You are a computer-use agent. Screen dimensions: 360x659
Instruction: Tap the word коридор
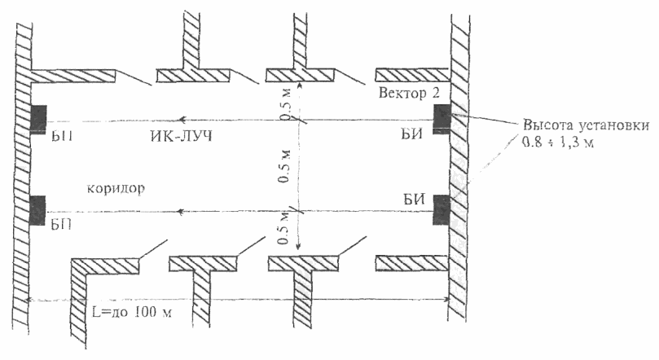(x=115, y=187)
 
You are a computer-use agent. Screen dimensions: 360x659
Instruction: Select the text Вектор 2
(x=410, y=94)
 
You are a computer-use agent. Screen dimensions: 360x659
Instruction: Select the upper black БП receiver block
(x=37, y=118)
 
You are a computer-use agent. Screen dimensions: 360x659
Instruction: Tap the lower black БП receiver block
(x=37, y=209)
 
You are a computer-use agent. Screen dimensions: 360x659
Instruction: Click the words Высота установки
(x=585, y=126)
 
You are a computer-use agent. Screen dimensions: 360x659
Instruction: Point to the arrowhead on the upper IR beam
(x=182, y=119)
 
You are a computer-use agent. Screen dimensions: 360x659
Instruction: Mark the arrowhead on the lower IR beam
(x=182, y=209)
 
